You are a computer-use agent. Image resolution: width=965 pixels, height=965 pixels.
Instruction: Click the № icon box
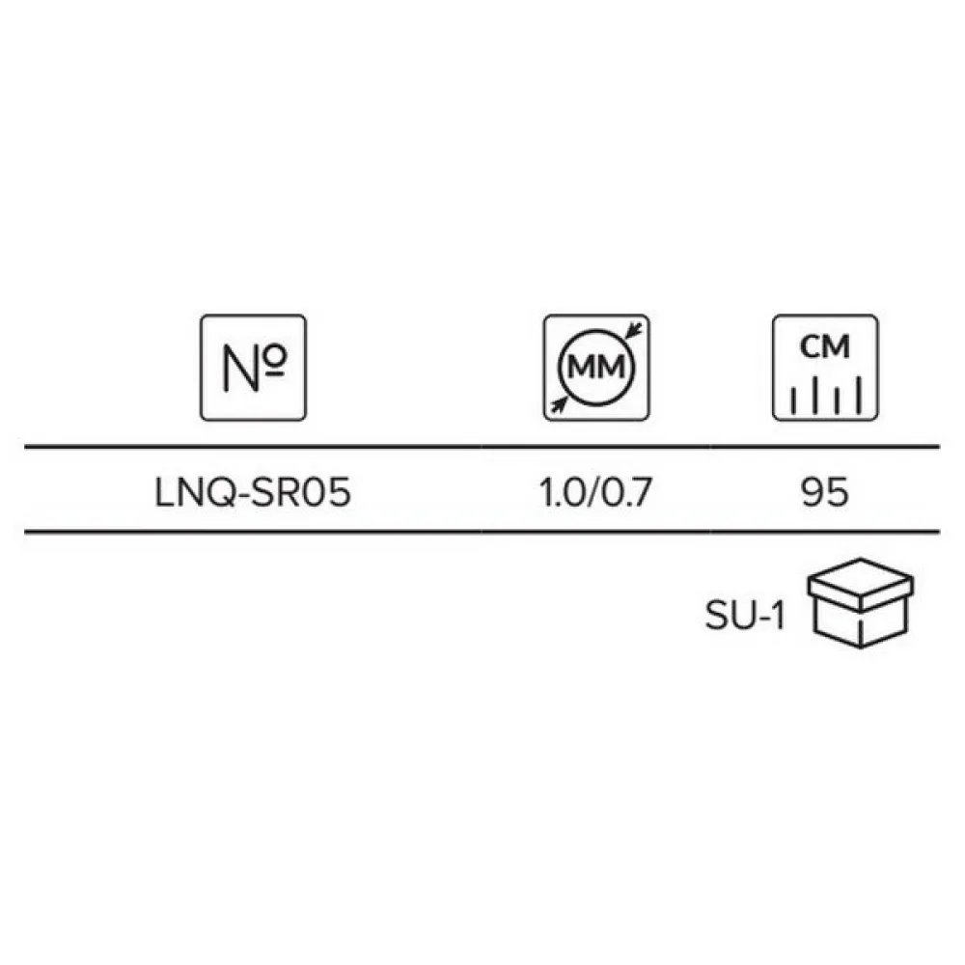click(253, 368)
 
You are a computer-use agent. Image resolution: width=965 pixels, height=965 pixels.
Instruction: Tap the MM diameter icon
click(596, 368)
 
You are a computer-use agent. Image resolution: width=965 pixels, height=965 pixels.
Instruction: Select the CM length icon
click(825, 368)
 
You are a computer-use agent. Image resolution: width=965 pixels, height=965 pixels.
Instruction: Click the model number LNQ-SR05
click(253, 492)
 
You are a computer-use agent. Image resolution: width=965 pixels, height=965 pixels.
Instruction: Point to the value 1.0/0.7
click(595, 492)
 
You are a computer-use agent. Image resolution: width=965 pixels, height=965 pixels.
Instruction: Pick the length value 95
click(825, 492)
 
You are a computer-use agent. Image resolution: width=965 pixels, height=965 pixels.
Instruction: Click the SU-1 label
click(745, 615)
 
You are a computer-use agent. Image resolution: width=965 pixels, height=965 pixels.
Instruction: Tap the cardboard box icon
click(861, 603)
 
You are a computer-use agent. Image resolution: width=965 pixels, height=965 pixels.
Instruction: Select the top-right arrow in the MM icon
click(634, 331)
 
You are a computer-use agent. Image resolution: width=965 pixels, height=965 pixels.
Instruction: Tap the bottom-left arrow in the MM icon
click(559, 403)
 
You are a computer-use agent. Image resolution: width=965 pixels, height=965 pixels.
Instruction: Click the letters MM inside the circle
click(595, 368)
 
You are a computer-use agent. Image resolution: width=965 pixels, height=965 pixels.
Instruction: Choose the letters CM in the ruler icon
click(825, 346)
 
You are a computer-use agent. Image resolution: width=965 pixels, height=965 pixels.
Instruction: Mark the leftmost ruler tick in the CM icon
click(793, 400)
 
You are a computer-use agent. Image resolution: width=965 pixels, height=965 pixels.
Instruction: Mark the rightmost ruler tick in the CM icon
click(859, 395)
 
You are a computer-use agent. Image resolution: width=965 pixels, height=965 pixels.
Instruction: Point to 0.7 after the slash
click(626, 492)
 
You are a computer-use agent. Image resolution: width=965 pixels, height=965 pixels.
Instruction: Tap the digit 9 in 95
click(813, 492)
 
